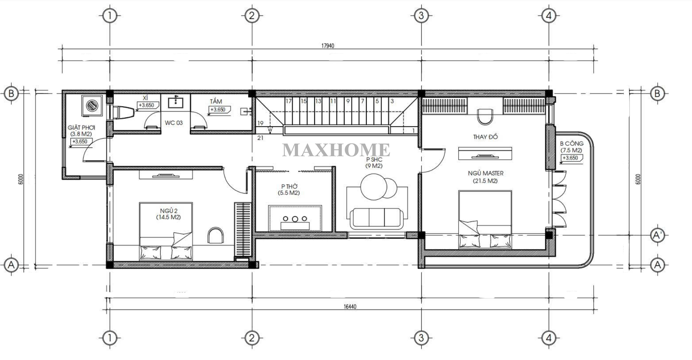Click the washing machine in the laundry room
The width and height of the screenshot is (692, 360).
93,105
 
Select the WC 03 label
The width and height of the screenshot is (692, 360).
174,123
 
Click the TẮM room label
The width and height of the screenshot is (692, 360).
216,101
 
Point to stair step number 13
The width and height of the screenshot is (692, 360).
318,101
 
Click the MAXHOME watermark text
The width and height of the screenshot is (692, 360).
336,150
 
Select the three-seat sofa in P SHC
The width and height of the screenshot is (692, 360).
376,218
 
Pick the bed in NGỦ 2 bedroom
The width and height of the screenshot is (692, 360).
166,231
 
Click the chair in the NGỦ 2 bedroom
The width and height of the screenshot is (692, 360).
215,235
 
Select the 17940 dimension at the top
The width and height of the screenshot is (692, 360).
328,46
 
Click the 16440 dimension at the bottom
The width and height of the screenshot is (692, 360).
350,306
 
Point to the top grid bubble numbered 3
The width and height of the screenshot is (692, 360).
421,16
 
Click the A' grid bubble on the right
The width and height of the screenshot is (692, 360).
657,235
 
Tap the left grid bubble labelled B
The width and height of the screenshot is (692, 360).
11,93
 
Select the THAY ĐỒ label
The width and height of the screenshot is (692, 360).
485,137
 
